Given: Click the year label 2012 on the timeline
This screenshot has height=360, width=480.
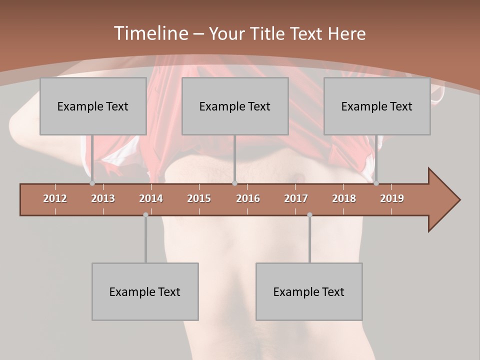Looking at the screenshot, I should [55, 198].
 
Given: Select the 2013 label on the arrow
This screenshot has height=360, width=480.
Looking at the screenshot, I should [103, 198].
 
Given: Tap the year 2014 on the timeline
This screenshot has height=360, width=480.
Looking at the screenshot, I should [151, 198].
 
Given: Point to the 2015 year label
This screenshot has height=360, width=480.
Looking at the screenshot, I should [199, 198].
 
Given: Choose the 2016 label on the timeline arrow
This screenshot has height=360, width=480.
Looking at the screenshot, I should [248, 198].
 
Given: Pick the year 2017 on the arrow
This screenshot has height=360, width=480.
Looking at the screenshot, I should [296, 198].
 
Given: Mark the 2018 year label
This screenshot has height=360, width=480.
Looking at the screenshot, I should [344, 198].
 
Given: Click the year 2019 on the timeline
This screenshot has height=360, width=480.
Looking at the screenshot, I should [392, 198].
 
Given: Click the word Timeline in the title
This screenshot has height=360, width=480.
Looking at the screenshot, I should [149, 33].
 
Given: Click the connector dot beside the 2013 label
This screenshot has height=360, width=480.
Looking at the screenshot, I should [92, 183].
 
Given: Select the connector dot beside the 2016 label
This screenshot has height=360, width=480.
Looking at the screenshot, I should [234, 183].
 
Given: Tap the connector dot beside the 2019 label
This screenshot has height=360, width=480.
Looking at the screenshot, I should [376, 183].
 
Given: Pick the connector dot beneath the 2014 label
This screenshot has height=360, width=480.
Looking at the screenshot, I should [145, 215].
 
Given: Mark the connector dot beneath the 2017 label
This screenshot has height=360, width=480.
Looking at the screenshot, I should [309, 215].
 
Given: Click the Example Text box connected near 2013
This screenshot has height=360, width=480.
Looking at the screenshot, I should [93, 106].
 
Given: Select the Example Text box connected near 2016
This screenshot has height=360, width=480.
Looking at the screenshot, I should [235, 106].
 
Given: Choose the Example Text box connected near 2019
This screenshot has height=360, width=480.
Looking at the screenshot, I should [377, 106].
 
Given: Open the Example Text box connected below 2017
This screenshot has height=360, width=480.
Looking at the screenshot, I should [309, 291].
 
